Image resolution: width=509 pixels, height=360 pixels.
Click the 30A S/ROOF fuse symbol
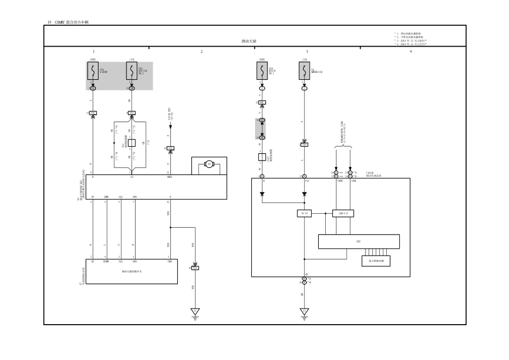pos(92,71)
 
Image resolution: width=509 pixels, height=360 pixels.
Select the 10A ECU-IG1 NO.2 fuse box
pos(131,71)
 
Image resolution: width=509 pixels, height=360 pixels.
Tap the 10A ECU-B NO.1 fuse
pos(262,70)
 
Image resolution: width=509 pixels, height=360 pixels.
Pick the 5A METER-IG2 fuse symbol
pos(304,70)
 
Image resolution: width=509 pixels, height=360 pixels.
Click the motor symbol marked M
pos(210,163)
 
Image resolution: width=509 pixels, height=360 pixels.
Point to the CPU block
pos(358,242)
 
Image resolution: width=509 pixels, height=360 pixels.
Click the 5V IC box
pos(304,213)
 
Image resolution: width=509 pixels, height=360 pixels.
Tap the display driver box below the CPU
pos(376,261)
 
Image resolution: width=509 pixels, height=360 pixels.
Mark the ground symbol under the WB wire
pos(195,312)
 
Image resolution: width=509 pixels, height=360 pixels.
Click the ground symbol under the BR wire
pos(304,312)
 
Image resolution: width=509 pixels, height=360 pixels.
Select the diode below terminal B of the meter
pos(262,194)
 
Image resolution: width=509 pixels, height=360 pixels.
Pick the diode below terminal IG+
pos(304,194)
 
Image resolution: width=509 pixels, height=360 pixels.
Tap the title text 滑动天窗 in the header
pos(249,41)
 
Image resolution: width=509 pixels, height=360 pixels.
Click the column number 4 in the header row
pos(410,51)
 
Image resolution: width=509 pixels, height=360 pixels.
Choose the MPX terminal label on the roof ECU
pos(169,177)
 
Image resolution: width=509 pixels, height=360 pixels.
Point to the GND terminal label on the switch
pos(169,261)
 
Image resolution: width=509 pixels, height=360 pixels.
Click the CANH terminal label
pos(340,181)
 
